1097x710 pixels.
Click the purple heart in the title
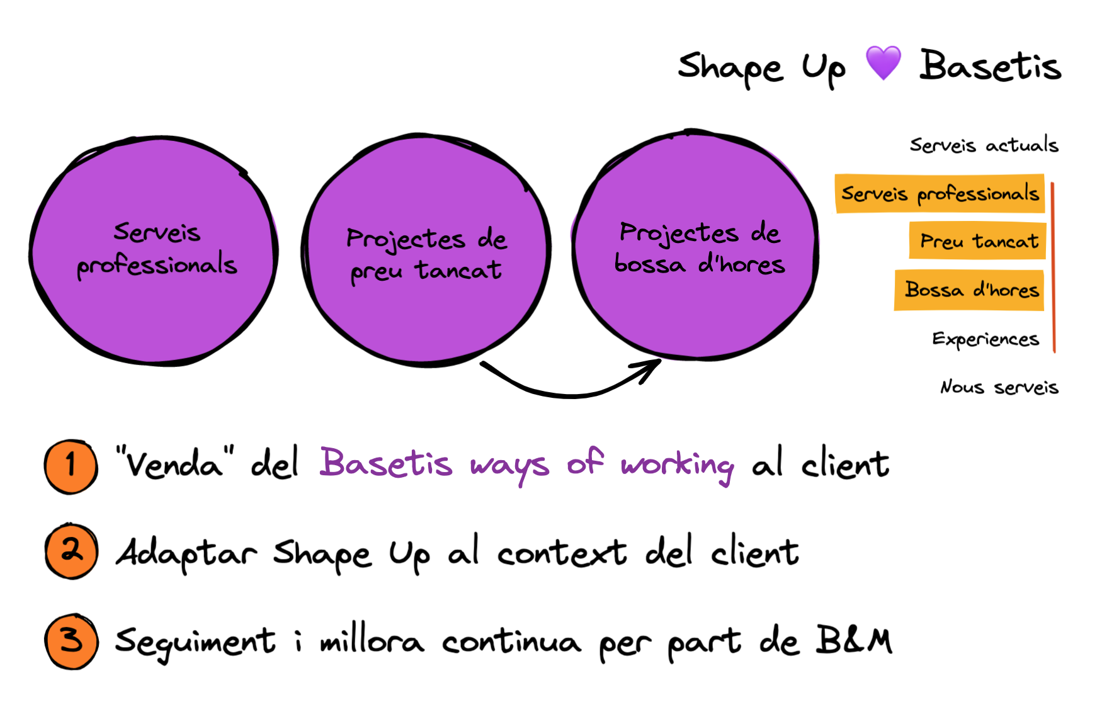coord(883,63)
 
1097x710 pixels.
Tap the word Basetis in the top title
coord(990,66)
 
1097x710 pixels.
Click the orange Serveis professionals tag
coord(940,194)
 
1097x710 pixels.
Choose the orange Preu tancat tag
coord(977,241)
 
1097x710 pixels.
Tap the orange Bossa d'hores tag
coord(970,290)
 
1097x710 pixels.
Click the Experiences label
coord(985,339)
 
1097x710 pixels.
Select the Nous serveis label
coord(999,386)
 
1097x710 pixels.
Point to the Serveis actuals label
coord(984,145)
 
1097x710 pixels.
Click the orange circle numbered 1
coord(71,466)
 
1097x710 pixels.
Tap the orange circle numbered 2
coord(71,551)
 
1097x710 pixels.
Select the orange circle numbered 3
coord(71,641)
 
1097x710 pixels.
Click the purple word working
coord(677,466)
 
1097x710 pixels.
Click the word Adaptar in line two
coord(186,553)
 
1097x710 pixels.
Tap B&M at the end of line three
coord(854,640)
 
